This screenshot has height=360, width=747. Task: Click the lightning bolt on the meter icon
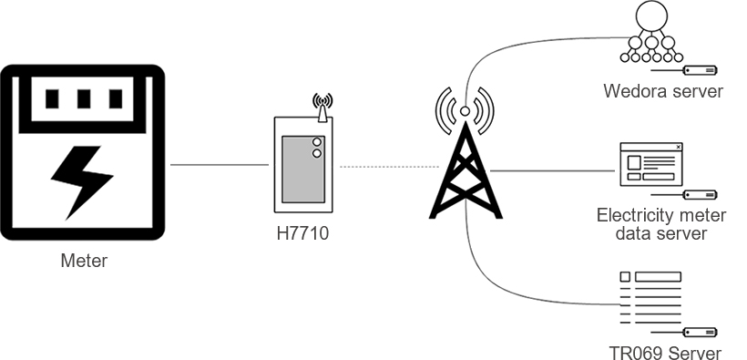pyautogui.click(x=82, y=181)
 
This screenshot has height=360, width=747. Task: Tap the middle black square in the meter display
pyautogui.click(x=84, y=99)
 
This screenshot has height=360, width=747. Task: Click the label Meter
pyautogui.click(x=84, y=261)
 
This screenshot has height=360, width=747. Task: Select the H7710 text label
pyautogui.click(x=302, y=233)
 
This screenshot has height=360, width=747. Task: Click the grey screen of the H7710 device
pyautogui.click(x=303, y=170)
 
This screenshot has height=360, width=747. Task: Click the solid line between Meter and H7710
pyautogui.click(x=220, y=165)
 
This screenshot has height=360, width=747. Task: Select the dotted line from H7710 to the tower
pyautogui.click(x=389, y=167)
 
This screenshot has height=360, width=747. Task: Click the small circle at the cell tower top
pyautogui.click(x=465, y=111)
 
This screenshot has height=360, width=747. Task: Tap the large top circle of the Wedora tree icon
pyautogui.click(x=651, y=15)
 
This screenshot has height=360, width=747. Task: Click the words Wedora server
pyautogui.click(x=663, y=90)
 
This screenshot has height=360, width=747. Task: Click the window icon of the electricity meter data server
pyautogui.click(x=651, y=164)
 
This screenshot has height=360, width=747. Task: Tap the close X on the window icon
pyautogui.click(x=679, y=147)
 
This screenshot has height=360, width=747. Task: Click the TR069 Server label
pyautogui.click(x=665, y=353)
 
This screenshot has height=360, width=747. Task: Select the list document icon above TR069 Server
pyautogui.click(x=650, y=298)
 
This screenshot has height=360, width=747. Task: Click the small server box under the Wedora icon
pyautogui.click(x=701, y=70)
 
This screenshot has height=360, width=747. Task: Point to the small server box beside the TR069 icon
pyautogui.click(x=701, y=333)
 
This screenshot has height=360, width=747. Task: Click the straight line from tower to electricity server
pyautogui.click(x=553, y=170)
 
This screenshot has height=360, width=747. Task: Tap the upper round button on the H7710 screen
pyautogui.click(x=316, y=142)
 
